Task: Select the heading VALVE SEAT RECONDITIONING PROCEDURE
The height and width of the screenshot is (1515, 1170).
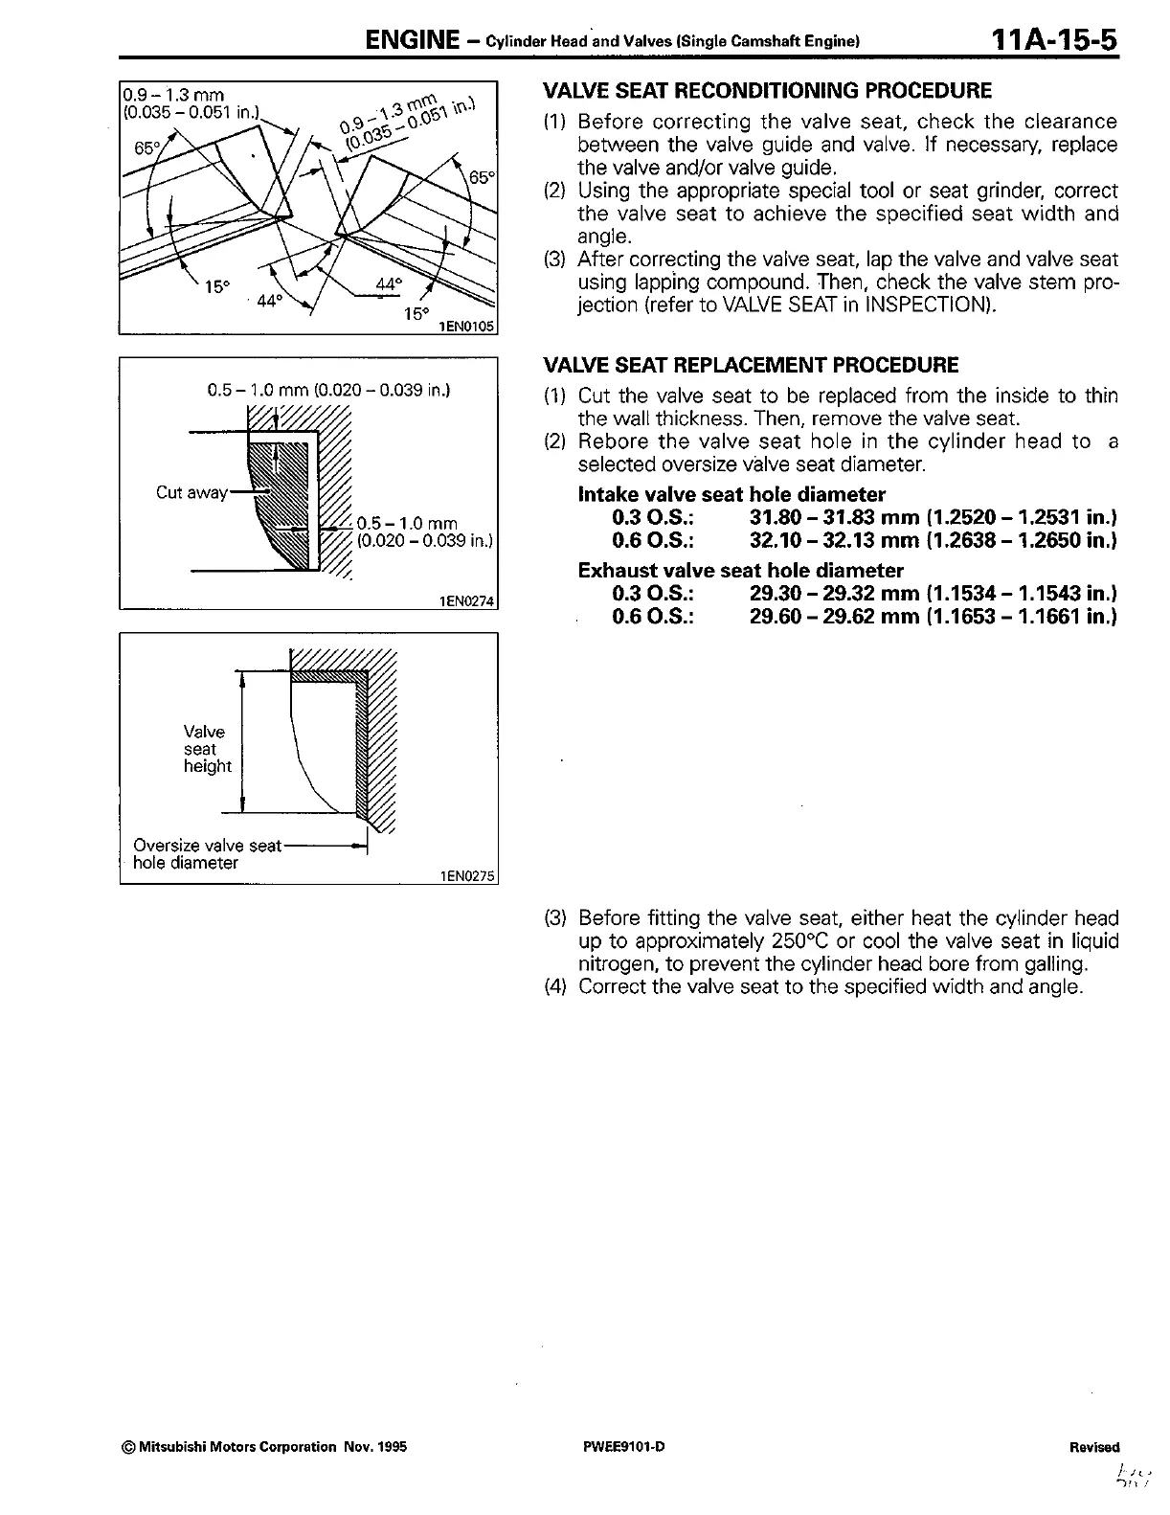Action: (x=767, y=91)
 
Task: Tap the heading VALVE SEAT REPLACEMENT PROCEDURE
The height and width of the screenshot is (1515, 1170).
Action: (x=750, y=365)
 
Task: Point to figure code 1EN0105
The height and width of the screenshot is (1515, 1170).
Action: (x=465, y=327)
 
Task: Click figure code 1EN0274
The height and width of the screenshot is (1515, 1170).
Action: (x=465, y=601)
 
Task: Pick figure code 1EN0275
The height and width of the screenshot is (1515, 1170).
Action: (x=465, y=875)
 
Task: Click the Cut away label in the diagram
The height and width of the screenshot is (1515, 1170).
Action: (x=191, y=492)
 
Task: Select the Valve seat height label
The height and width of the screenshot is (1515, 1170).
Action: (x=207, y=749)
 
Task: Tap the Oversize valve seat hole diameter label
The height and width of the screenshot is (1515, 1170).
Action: (x=207, y=853)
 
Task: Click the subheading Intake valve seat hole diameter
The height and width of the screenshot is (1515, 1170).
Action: (x=731, y=495)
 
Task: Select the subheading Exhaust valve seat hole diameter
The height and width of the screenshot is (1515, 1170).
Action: (x=740, y=571)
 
